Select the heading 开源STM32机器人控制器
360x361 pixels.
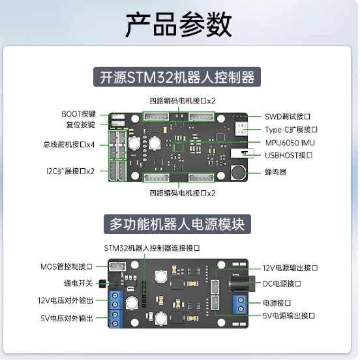coord(177,77)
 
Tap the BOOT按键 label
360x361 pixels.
coord(78,113)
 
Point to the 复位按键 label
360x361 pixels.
coord(80,124)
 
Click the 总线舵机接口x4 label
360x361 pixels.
coord(69,144)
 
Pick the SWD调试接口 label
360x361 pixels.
coord(292,116)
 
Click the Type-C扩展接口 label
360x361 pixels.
coord(291,130)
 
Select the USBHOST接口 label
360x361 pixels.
coord(289,155)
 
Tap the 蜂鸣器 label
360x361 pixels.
coord(275,172)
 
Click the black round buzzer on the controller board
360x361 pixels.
coord(239,173)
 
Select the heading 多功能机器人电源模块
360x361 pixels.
coord(177,224)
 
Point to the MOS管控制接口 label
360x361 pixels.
coord(67,266)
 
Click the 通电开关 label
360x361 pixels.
coord(77,283)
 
